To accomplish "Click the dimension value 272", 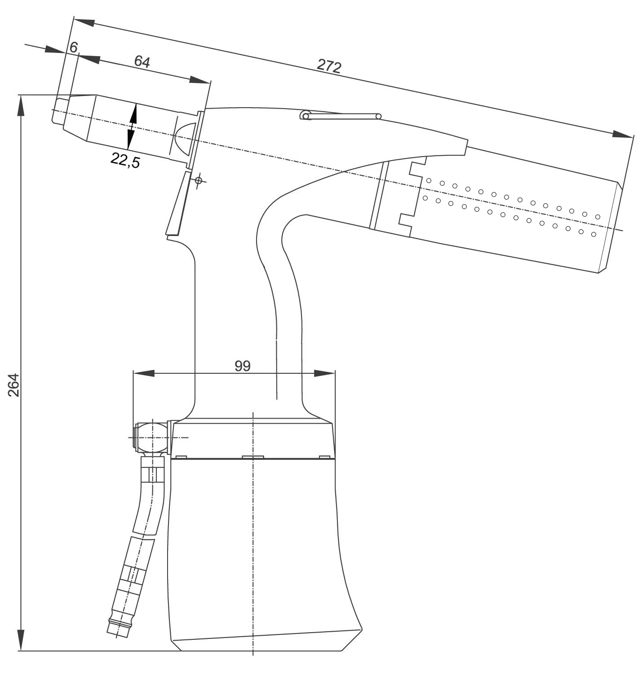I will click(329, 66).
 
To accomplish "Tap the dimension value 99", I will click(243, 366).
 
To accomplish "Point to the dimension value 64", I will click(142, 61).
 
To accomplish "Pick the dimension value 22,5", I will click(125, 160).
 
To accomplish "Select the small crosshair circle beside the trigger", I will click(199, 180).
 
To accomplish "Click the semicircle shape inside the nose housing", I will click(186, 137).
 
